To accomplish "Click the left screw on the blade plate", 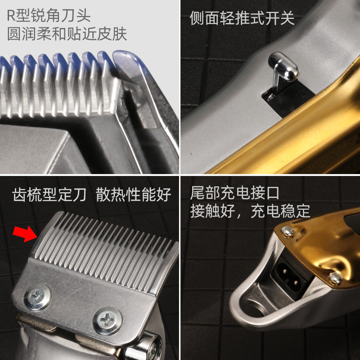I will [38, 296].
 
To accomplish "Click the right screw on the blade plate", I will [108, 320].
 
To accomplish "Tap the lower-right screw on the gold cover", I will [335, 278].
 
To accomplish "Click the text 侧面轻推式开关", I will [242, 18].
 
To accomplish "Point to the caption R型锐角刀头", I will [49, 16].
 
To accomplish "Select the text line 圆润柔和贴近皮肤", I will [67, 34].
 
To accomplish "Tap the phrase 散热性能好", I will [134, 195].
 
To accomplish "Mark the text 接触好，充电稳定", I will [250, 211].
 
